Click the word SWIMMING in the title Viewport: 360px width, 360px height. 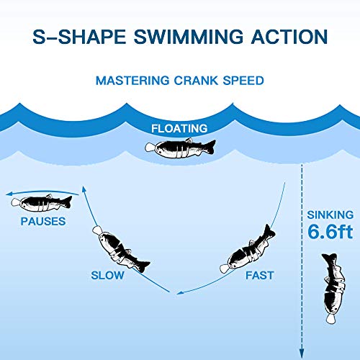pos(189,37)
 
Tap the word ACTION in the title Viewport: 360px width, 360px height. pos(289,37)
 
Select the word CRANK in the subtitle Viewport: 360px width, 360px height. pos(196,81)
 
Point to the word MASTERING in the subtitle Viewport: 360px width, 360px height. pos(132,81)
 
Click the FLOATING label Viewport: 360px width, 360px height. pos(179,129)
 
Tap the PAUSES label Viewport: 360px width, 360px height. pos(43,221)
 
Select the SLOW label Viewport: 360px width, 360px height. pos(107,275)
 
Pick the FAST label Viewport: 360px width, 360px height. pos(260,275)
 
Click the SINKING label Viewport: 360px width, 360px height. pos(330,215)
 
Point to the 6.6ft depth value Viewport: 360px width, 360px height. pos(330,232)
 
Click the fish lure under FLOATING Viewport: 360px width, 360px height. pos(180,148)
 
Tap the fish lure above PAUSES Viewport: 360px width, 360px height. pos(42,203)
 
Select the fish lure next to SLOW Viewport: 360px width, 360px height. pos(121,249)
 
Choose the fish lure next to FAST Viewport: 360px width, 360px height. pos(248,249)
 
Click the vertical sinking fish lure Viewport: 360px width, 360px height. pos(333,289)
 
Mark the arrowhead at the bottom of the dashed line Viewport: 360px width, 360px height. pos(302,354)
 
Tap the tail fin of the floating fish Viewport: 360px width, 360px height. pos(210,146)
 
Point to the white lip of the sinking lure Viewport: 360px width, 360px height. pos(330,319)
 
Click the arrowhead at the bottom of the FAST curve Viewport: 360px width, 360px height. pos(179,293)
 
